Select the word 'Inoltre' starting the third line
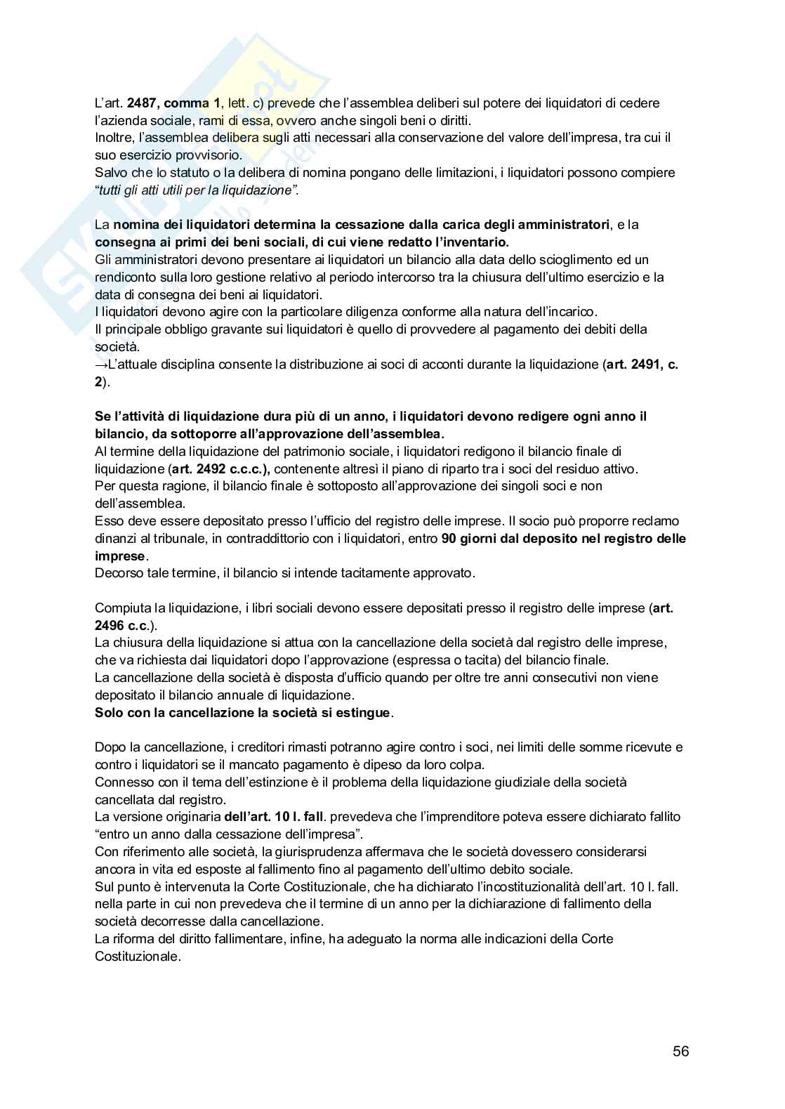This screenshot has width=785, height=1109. [113, 138]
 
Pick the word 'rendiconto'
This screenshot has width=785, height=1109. [125, 277]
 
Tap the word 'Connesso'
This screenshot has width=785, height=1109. [121, 782]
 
